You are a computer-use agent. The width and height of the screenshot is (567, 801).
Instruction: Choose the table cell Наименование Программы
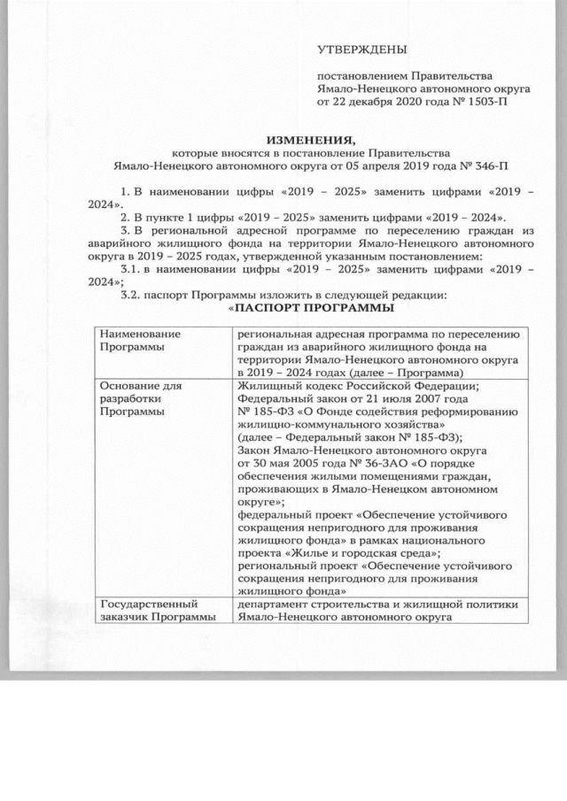click(x=134, y=341)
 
